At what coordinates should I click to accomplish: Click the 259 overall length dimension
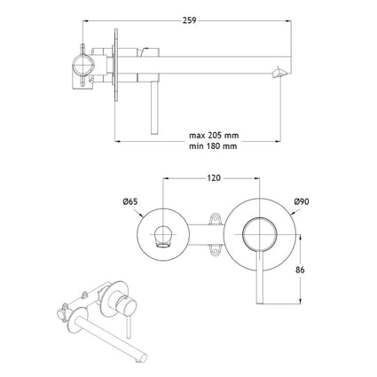tap(189, 20)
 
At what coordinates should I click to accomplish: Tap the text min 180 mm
tap(213, 145)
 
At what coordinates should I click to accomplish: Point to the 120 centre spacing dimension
tap(214, 178)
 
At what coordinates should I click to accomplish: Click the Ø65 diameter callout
tap(130, 202)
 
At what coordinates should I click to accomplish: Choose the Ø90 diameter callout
tap(302, 202)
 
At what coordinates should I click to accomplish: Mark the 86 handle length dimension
tap(300, 270)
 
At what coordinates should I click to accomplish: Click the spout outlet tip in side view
tap(279, 73)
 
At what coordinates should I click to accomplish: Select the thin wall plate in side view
tap(115, 65)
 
